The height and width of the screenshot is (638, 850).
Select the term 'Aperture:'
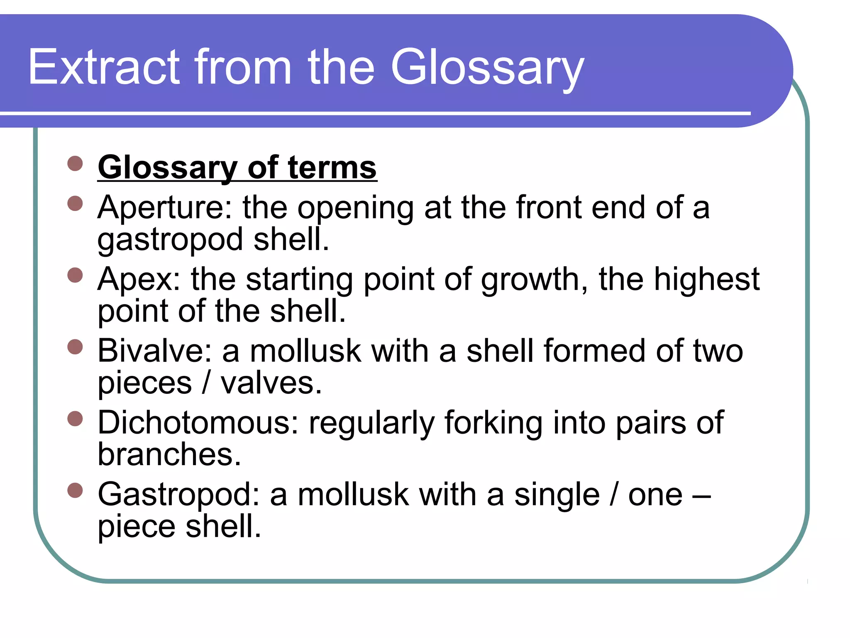pyautogui.click(x=165, y=208)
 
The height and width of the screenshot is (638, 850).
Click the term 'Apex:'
pyautogui.click(x=139, y=279)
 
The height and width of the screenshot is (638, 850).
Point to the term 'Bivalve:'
pyautogui.click(x=155, y=351)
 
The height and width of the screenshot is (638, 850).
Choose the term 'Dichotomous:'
pyautogui.click(x=198, y=423)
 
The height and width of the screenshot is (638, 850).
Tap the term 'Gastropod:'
pyautogui.click(x=178, y=495)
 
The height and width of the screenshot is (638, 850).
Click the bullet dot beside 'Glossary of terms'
pyautogui.click(x=75, y=163)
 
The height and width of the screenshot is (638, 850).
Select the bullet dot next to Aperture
pyautogui.click(x=75, y=204)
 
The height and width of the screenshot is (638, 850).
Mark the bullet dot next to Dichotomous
pyautogui.click(x=75, y=419)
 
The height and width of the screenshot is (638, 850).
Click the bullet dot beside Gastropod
pyautogui.click(x=75, y=490)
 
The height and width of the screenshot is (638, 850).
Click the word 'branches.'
pyautogui.click(x=169, y=454)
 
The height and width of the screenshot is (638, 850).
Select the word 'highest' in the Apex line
pyautogui.click(x=707, y=279)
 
